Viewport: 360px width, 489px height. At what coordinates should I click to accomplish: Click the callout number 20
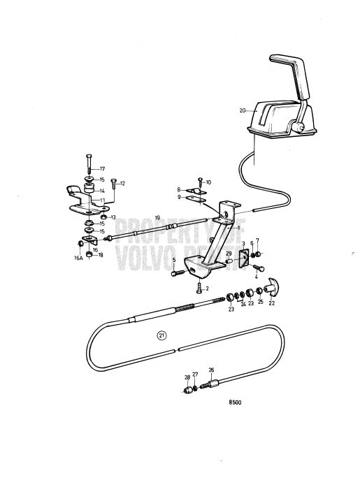242,110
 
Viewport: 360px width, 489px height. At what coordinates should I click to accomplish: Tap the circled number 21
162,335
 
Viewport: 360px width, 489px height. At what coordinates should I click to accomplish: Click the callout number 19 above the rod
157,218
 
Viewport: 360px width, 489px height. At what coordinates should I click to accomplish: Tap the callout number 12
122,184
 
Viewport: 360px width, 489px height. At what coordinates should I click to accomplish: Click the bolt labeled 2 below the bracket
199,287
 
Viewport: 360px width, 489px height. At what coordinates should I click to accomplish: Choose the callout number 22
272,302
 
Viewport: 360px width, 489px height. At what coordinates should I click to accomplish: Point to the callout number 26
212,370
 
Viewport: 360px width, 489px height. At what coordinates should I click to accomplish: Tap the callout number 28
187,377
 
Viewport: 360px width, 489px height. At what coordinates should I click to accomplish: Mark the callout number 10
208,182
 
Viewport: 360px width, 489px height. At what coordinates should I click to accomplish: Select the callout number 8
179,189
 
